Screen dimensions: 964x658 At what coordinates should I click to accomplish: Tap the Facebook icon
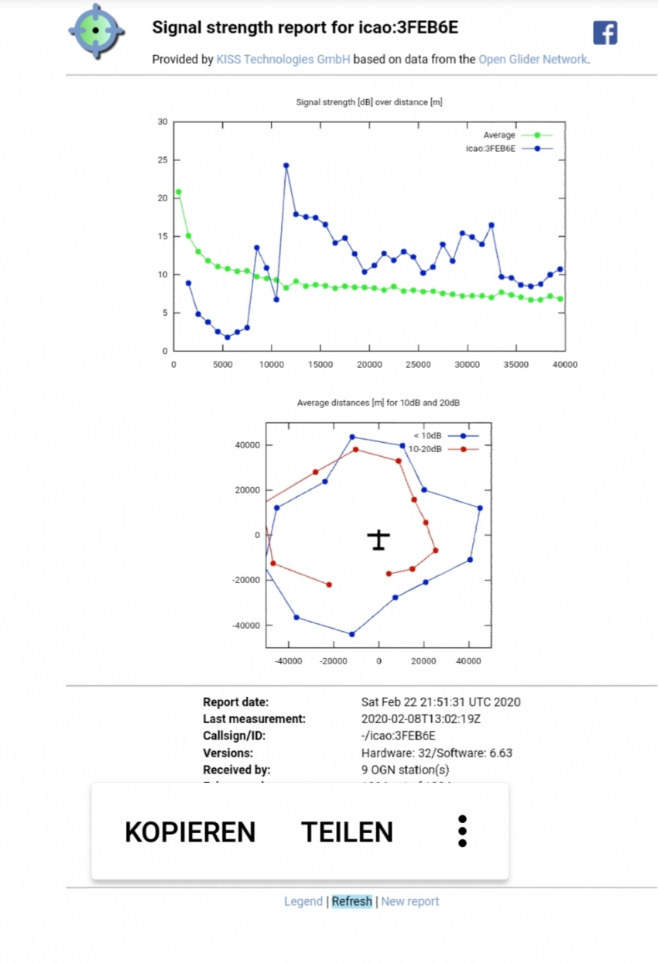click(605, 33)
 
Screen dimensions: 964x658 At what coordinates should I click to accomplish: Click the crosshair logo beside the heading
click(96, 30)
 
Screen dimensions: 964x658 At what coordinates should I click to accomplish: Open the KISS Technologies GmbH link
click(283, 59)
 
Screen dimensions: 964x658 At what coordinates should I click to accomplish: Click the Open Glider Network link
click(533, 59)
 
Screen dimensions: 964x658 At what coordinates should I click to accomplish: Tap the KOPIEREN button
click(190, 832)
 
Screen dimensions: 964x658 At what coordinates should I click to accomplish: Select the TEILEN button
click(347, 832)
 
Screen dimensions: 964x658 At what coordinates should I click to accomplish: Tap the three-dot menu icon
click(462, 831)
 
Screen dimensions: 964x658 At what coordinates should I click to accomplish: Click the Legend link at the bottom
click(303, 901)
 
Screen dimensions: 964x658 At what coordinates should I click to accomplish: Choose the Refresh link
click(351, 901)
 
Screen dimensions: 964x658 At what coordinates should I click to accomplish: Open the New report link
click(410, 901)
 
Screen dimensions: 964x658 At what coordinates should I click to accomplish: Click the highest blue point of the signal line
click(286, 165)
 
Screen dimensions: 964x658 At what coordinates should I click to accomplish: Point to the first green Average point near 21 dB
click(179, 192)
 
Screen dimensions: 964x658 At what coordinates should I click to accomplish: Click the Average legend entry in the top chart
click(499, 135)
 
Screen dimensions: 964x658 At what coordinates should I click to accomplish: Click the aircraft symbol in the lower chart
click(379, 539)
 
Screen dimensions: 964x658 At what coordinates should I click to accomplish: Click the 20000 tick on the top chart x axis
click(369, 364)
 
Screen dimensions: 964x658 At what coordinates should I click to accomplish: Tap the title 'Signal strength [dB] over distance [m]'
click(369, 102)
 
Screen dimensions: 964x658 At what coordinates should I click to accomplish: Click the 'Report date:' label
click(235, 702)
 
